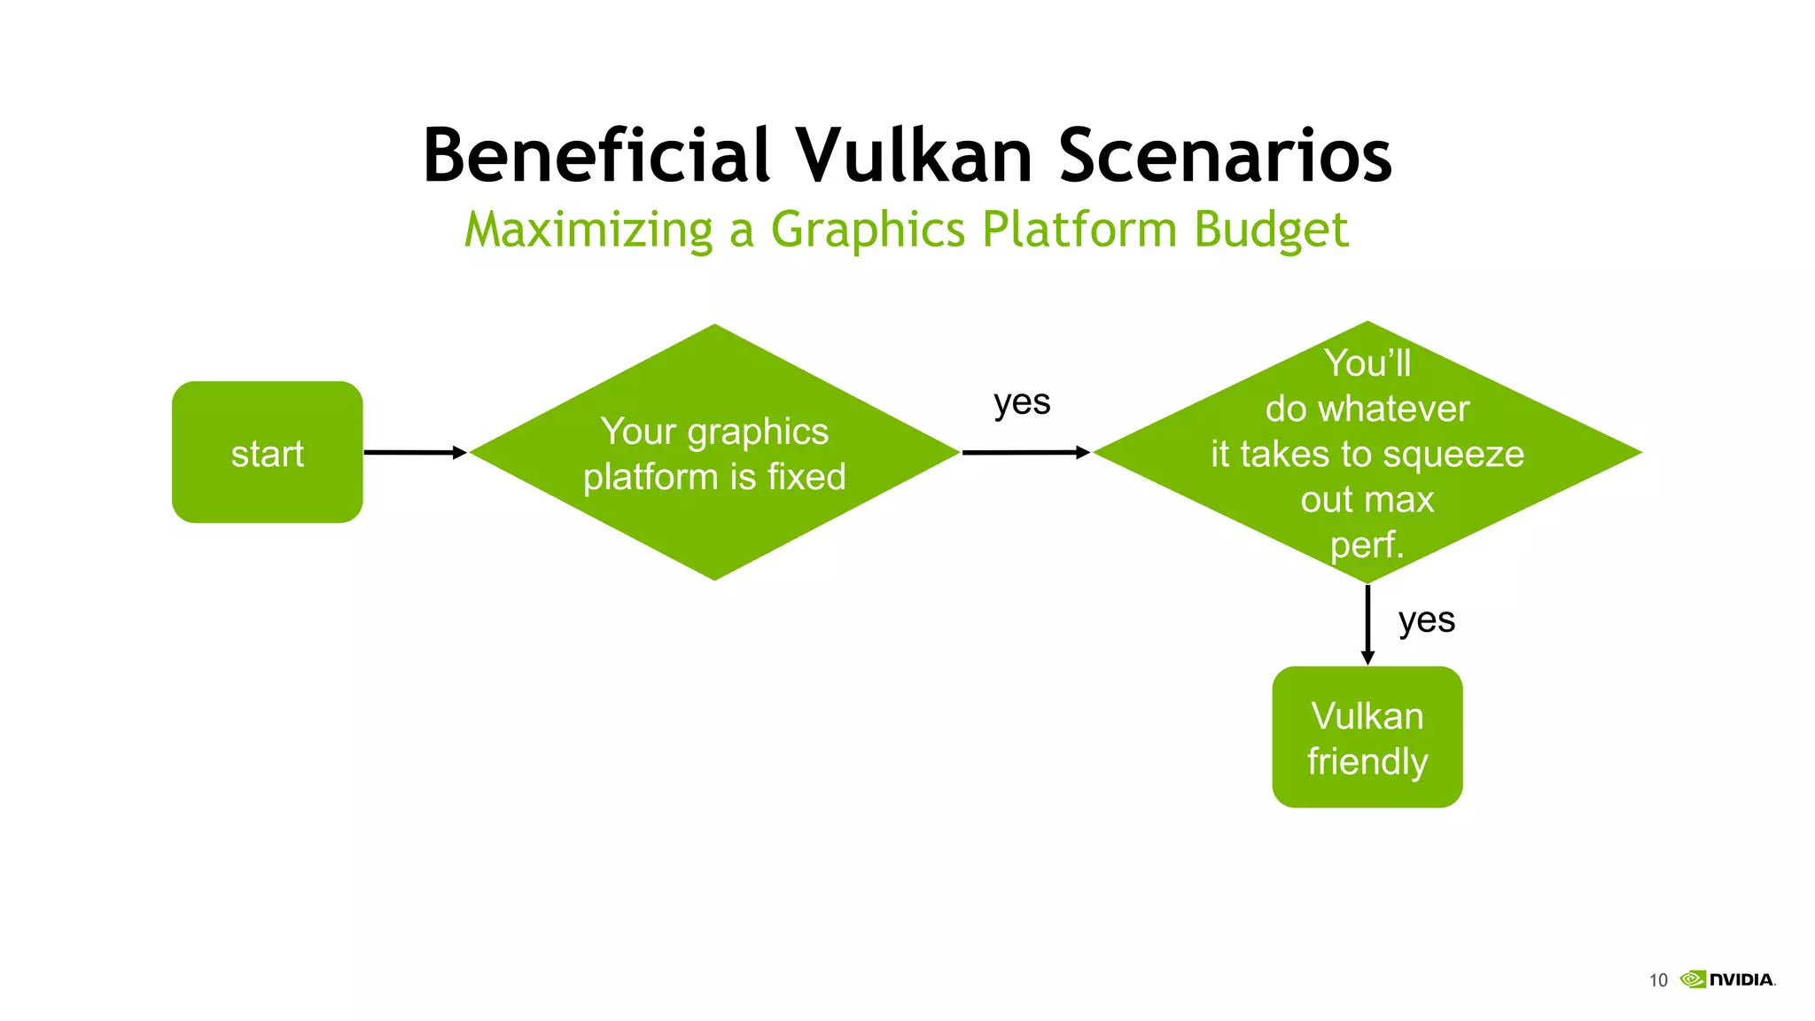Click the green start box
[x=267, y=452]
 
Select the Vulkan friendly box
[x=1367, y=737]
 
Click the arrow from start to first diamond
[x=415, y=452]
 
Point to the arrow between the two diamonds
[x=1025, y=452]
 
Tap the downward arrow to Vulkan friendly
[x=1367, y=624]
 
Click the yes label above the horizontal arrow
[x=1022, y=402]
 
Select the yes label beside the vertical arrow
[x=1426, y=620]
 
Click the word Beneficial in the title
[x=596, y=156]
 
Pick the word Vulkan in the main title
[x=913, y=156]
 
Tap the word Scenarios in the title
[x=1225, y=156]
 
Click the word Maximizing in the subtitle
[x=588, y=230]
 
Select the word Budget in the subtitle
[x=1271, y=230]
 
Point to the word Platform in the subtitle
[x=1079, y=230]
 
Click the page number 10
[x=1657, y=980]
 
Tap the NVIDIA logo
[x=1728, y=979]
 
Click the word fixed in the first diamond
[x=806, y=477]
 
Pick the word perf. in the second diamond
[x=1367, y=545]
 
